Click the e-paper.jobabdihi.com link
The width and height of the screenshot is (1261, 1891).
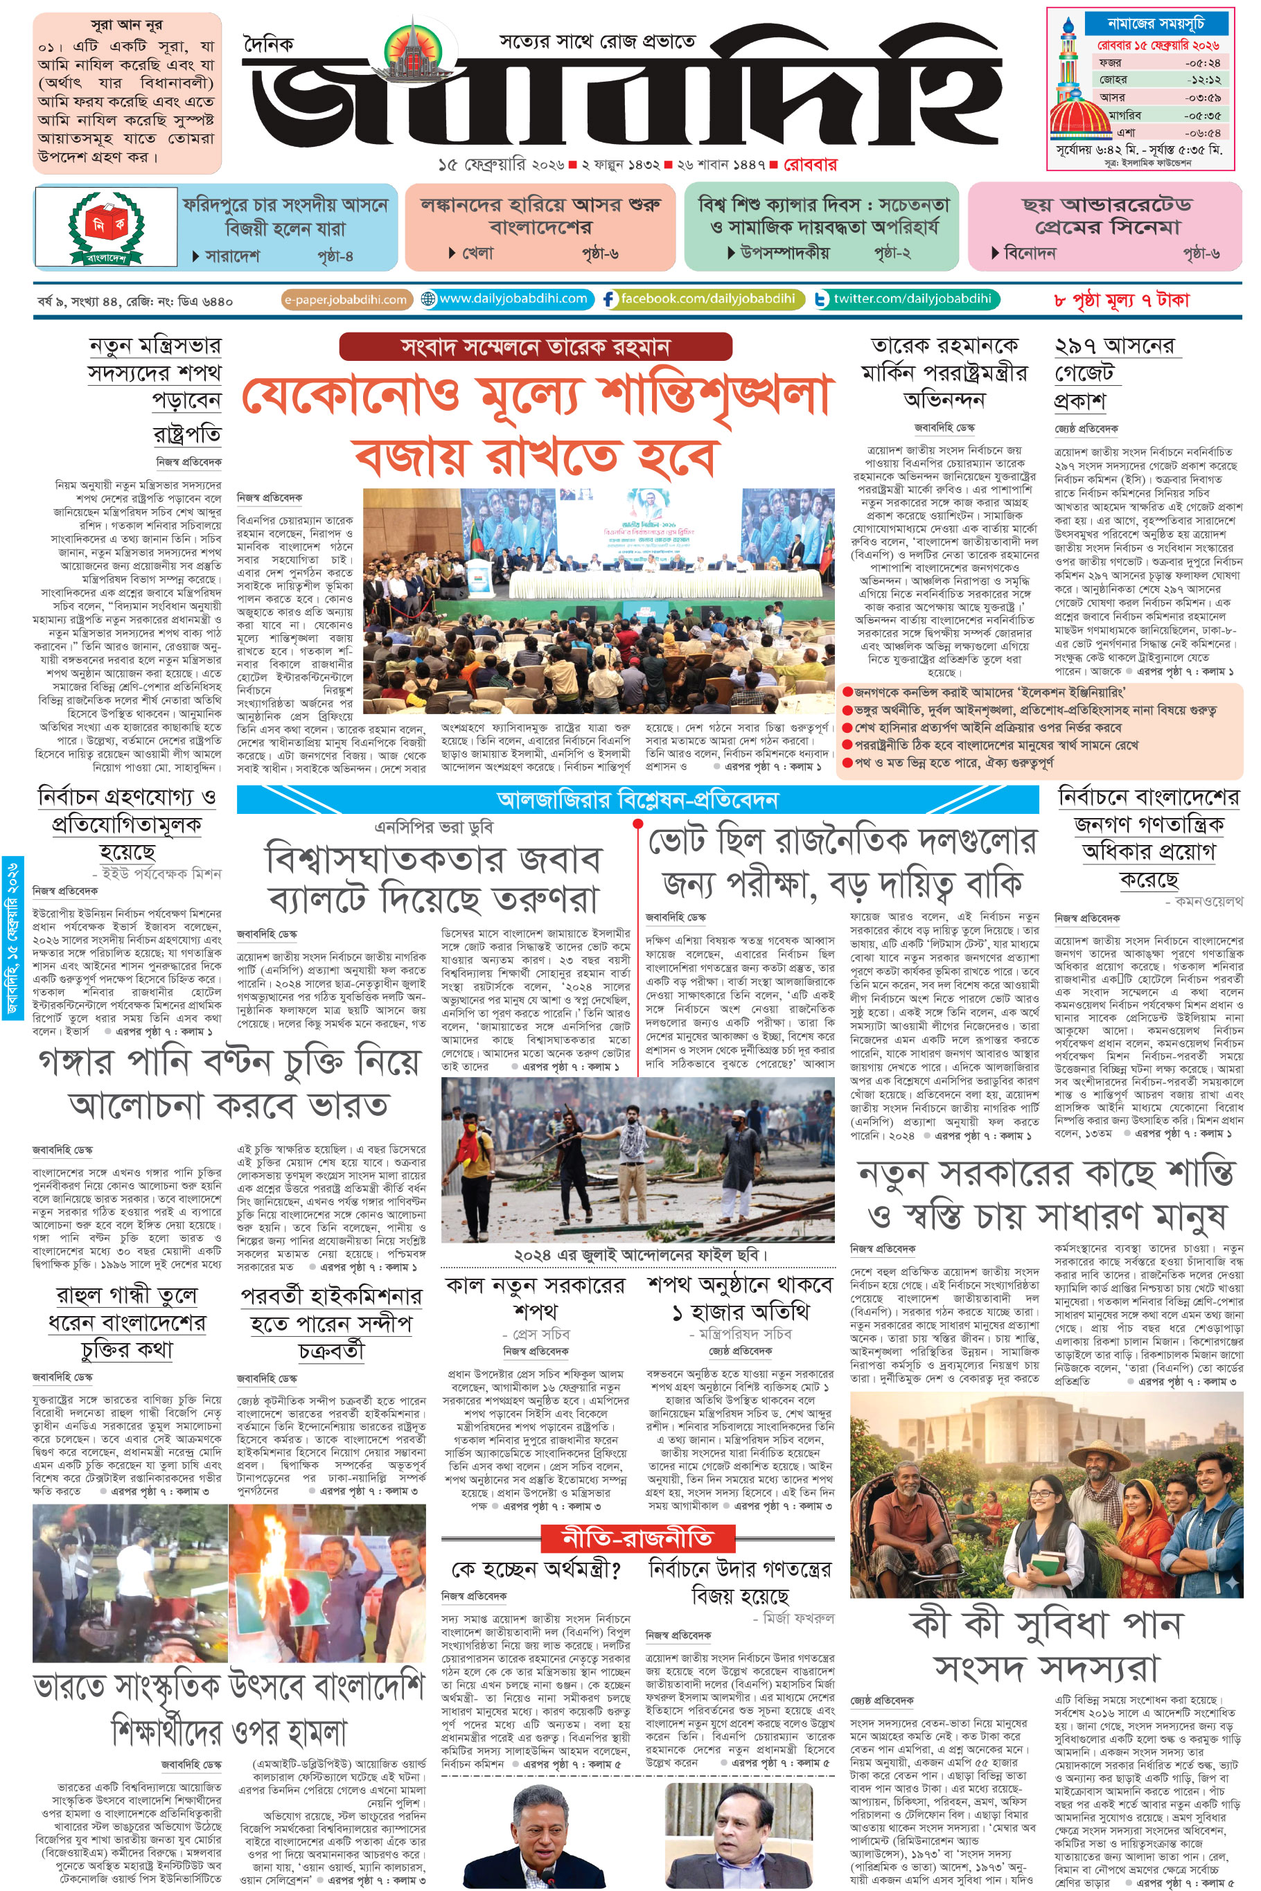346,300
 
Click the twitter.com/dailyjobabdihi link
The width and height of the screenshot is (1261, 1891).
911,299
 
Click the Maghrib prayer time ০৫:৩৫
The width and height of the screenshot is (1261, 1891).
1201,115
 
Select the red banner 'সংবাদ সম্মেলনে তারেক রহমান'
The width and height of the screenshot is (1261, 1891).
535,347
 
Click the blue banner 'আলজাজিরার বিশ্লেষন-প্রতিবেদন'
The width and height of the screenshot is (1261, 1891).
637,800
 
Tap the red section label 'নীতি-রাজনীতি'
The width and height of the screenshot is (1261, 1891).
637,1537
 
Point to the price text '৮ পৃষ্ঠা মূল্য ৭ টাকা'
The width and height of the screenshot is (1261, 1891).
1120,301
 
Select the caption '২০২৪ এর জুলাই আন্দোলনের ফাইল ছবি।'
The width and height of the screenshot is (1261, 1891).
640,1255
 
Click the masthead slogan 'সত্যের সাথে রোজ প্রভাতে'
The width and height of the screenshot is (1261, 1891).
597,41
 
